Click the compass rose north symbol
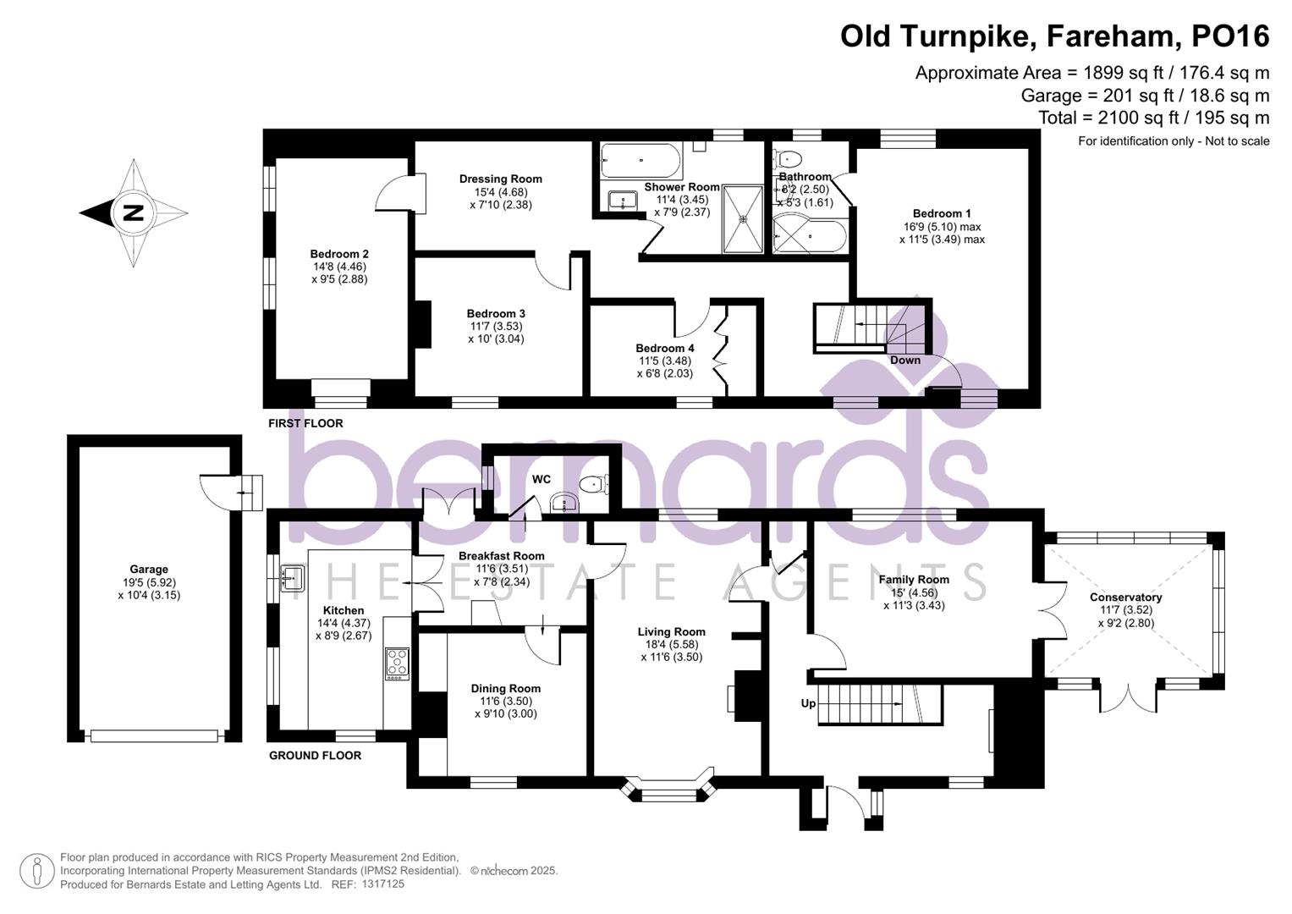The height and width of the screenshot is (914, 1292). [x=133, y=213]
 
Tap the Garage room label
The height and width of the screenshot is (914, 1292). [x=149, y=570]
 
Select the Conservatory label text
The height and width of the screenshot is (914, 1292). [x=1125, y=597]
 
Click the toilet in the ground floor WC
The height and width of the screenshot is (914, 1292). [x=594, y=485]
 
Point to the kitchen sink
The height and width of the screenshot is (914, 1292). [x=291, y=579]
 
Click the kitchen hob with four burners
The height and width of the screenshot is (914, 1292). [x=397, y=663]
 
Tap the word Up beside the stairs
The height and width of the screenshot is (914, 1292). [x=809, y=703]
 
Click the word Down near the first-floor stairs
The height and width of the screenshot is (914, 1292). [x=904, y=361]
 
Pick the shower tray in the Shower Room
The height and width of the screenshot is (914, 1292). [x=743, y=219]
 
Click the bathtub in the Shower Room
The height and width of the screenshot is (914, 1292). [x=641, y=160]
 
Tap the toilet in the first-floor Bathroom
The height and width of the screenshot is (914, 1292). [x=789, y=157]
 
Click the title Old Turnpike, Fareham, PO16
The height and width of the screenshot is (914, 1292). [x=1054, y=36]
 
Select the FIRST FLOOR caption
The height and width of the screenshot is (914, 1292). [x=305, y=423]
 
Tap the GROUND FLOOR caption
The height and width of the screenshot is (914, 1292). [x=315, y=756]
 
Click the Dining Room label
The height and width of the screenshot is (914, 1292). [x=505, y=689]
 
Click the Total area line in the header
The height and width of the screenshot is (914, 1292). [x=1153, y=118]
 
